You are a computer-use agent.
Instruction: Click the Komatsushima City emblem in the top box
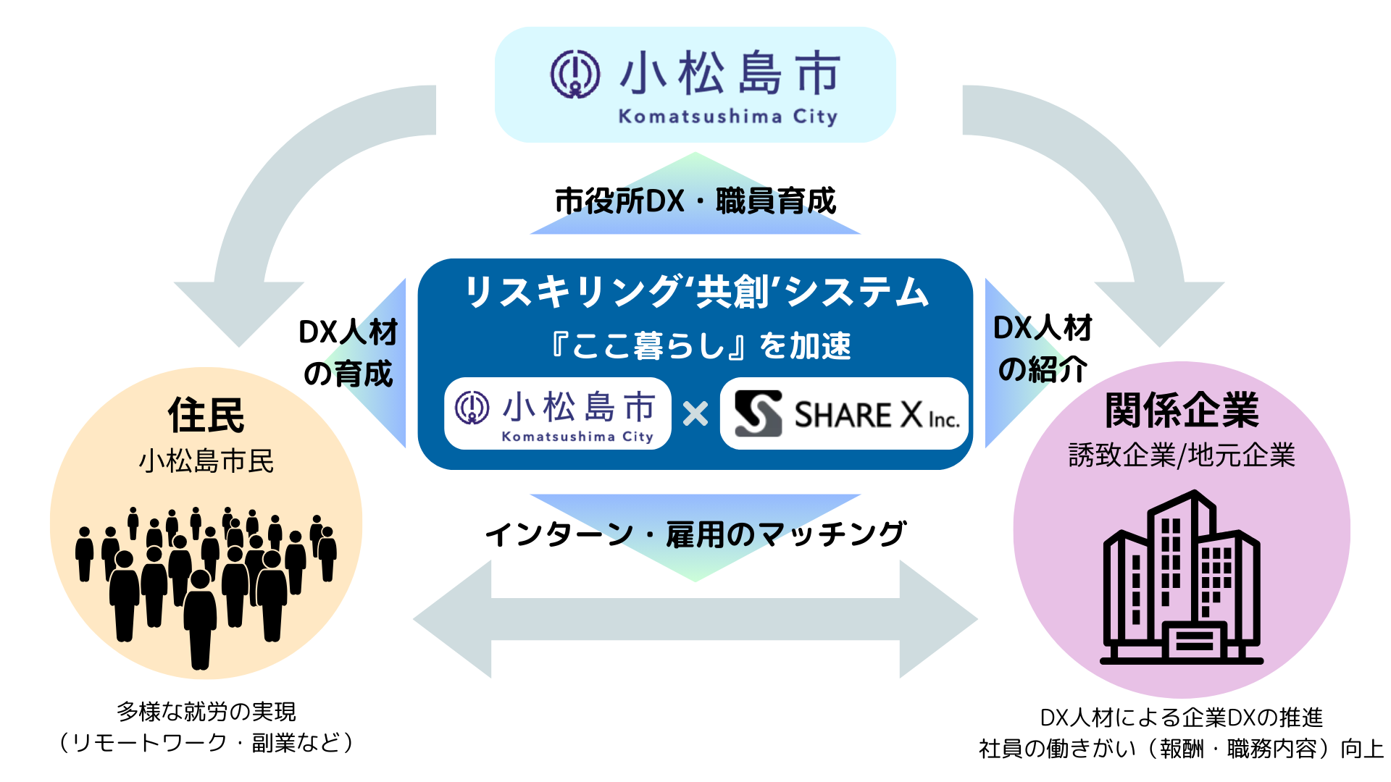point(575,74)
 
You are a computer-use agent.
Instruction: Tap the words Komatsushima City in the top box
point(727,117)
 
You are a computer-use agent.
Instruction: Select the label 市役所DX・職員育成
point(695,201)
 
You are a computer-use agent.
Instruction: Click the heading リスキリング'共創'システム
point(695,293)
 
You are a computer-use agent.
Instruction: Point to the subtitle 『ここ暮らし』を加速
point(700,345)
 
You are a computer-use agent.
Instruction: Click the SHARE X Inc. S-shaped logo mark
point(758,413)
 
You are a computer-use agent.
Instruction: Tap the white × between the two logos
point(695,414)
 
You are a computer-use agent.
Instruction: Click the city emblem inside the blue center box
point(472,408)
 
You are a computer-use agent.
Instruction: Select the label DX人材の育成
point(348,353)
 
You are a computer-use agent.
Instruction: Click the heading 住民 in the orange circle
point(206,415)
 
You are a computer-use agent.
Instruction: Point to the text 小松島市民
point(206,461)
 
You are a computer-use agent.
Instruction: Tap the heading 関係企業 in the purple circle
point(1182,411)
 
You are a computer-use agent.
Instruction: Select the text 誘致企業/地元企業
point(1182,455)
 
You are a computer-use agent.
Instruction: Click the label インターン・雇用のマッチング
point(695,534)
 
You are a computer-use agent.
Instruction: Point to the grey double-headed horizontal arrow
point(695,619)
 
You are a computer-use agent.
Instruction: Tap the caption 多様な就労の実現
point(206,712)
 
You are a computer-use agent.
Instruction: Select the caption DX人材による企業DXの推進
point(1182,718)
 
